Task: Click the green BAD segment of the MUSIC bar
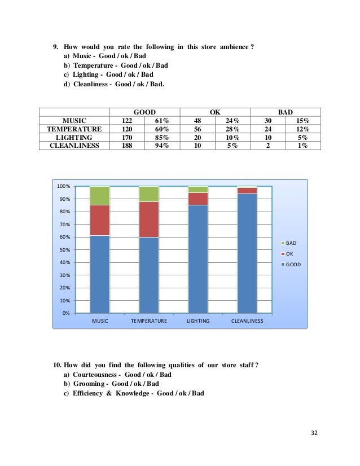pyautogui.click(x=100, y=195)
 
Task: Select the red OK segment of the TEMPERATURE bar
pyautogui.click(x=149, y=219)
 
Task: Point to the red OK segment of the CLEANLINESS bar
pyautogui.click(x=247, y=191)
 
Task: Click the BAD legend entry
pyautogui.click(x=291, y=243)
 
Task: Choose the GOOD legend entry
pyautogui.click(x=292, y=263)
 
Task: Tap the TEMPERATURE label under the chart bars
pyautogui.click(x=149, y=321)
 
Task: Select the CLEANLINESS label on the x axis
pyautogui.click(x=247, y=321)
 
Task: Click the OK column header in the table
pyautogui.click(x=215, y=112)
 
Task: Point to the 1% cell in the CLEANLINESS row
pyautogui.click(x=302, y=145)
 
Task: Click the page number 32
pyautogui.click(x=315, y=433)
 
